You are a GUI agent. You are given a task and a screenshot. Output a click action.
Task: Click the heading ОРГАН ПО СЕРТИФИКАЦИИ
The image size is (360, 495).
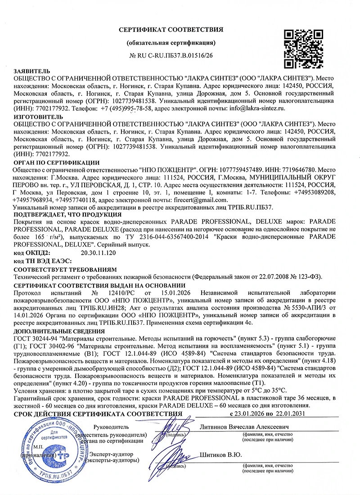click(x=57, y=162)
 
